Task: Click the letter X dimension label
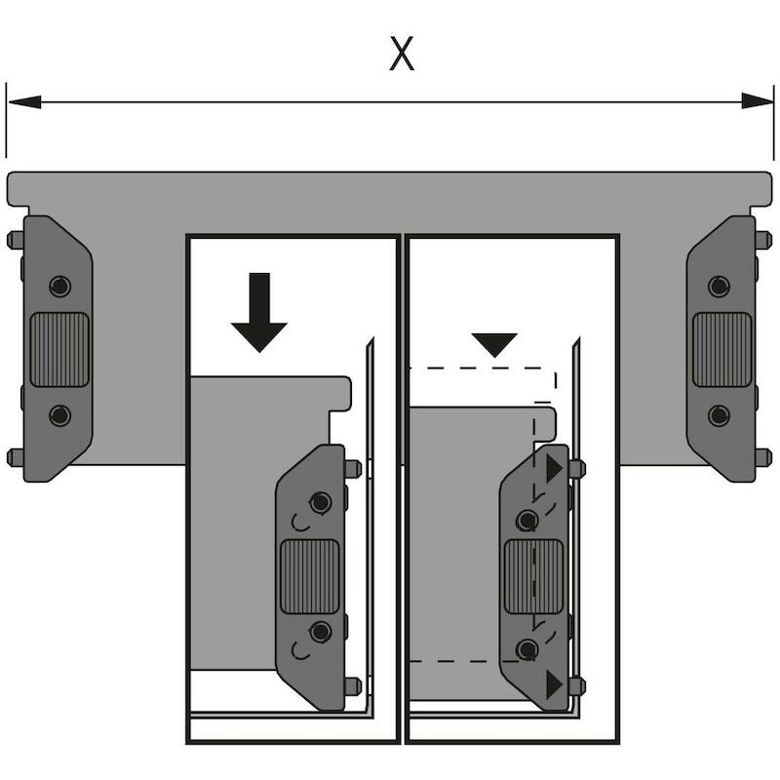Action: (402, 54)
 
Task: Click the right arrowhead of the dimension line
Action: (758, 101)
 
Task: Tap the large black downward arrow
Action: (259, 312)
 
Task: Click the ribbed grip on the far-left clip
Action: (59, 350)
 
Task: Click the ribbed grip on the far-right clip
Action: (721, 350)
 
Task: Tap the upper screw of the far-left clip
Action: (60, 286)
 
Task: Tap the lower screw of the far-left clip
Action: (60, 415)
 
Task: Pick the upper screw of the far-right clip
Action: (719, 286)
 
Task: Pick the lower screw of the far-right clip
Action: (719, 415)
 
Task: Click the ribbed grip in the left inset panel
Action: (310, 577)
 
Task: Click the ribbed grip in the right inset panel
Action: (533, 577)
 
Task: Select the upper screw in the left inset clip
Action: (321, 502)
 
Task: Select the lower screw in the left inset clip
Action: (321, 632)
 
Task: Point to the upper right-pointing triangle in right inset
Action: (554, 468)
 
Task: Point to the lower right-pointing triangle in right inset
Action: (554, 684)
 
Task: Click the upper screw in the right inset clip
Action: (526, 521)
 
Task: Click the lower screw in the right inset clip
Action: (526, 649)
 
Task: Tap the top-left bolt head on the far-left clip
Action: (16, 240)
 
